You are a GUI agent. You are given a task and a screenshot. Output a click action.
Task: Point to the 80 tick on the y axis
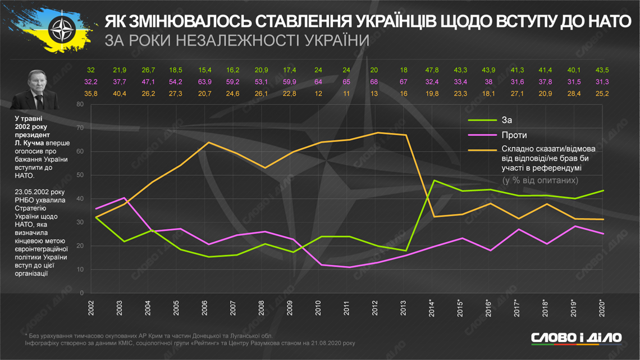pos(80,104)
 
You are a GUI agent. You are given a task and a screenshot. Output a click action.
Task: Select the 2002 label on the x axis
pos(91,308)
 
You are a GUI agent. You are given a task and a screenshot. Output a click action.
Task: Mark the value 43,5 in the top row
pos(602,70)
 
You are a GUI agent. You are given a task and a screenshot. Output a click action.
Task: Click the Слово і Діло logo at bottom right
pos(576,337)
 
